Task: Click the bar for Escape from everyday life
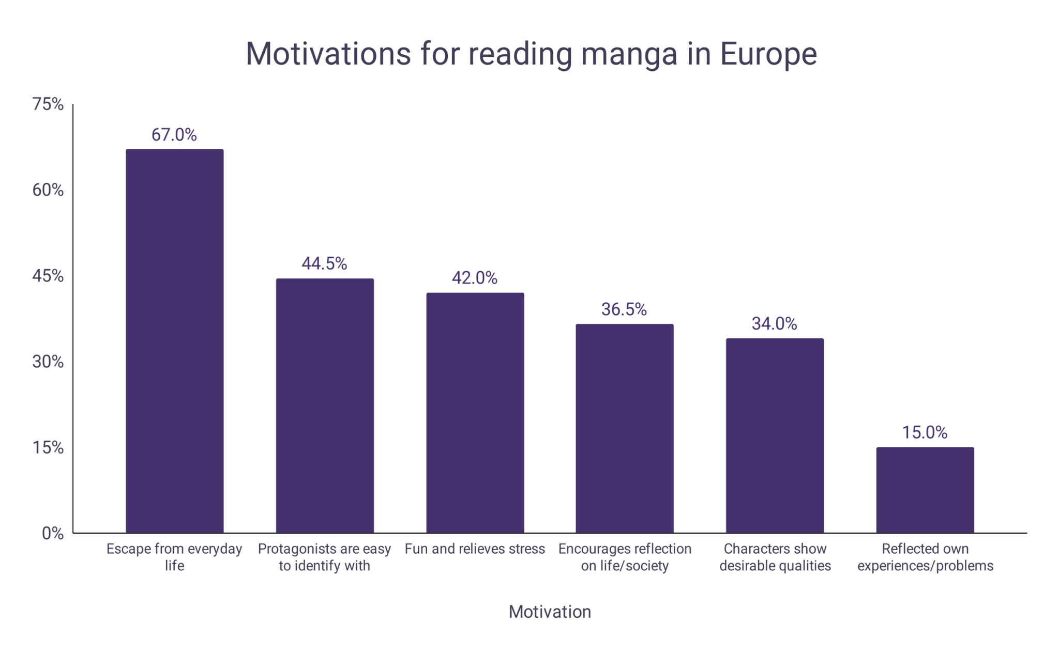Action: pos(175,341)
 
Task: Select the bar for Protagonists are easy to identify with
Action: pos(325,406)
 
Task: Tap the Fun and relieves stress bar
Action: pos(475,413)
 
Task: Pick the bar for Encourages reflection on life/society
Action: pos(625,428)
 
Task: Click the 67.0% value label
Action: pos(174,135)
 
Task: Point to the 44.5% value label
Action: pos(324,264)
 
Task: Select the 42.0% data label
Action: pos(475,278)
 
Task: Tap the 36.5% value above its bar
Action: pos(624,309)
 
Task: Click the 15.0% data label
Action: pos(925,432)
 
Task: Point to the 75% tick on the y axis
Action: pos(48,104)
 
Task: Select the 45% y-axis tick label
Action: pos(48,276)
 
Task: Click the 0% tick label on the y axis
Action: pos(53,533)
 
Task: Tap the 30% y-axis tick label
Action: pos(48,362)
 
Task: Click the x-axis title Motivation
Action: pos(550,612)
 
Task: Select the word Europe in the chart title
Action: pos(768,53)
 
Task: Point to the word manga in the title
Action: pos(629,54)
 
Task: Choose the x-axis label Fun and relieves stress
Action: pos(475,549)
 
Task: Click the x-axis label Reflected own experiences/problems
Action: pos(925,557)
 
